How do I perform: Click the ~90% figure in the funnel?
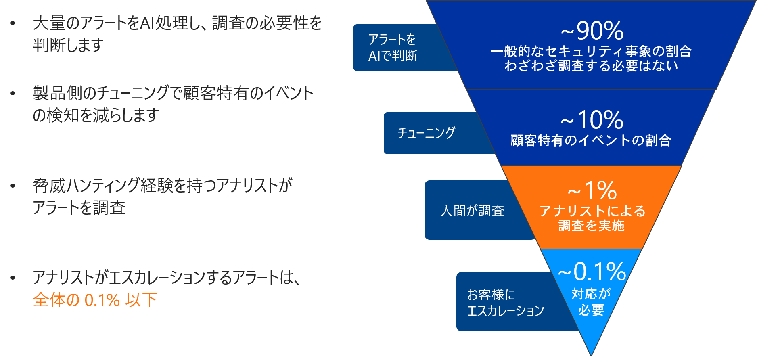coord(592,31)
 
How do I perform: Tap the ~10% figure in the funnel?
coord(592,119)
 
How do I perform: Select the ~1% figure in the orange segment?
coord(592,190)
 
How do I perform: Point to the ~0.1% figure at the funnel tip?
coord(592,271)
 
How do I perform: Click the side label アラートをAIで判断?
coord(393,48)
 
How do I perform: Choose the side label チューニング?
coord(426,133)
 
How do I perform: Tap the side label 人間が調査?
coord(472,210)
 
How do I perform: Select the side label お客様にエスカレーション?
coord(505,302)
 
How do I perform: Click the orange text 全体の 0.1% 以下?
coord(95,300)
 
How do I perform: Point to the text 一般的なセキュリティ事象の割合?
coord(591,51)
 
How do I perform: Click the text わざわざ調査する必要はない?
coord(591,65)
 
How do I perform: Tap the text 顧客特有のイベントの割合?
coord(591,140)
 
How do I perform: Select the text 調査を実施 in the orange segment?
coord(591,226)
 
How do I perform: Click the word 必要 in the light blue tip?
coord(591,310)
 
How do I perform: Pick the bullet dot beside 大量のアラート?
coord(13,23)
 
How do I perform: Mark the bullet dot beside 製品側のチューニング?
coord(13,93)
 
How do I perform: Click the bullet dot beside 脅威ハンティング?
coord(13,186)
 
